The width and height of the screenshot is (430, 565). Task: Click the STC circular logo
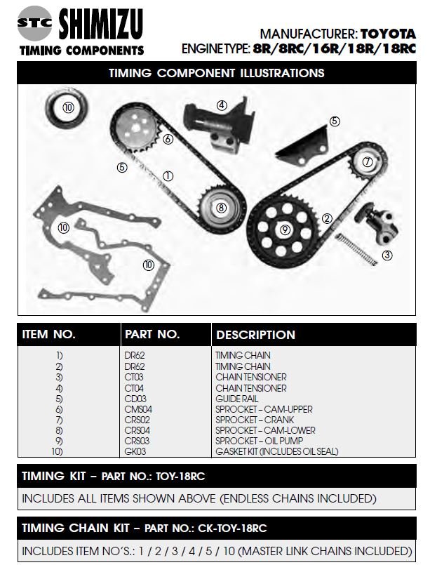click(x=34, y=23)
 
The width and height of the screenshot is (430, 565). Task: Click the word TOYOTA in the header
click(x=388, y=34)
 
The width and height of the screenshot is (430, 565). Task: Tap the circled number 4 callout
click(x=222, y=105)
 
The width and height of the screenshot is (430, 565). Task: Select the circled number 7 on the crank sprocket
click(x=367, y=162)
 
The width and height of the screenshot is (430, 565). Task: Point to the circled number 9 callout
click(x=285, y=230)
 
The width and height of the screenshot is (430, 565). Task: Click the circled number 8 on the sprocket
click(x=221, y=208)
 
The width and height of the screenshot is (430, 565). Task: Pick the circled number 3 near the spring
click(x=387, y=255)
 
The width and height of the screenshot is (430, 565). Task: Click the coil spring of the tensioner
click(x=356, y=249)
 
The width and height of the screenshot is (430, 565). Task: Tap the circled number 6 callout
click(x=168, y=139)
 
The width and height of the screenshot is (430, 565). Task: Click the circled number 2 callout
click(x=327, y=218)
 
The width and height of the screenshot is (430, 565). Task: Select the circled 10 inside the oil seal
click(x=68, y=107)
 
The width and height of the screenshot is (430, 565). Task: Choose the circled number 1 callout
click(x=168, y=176)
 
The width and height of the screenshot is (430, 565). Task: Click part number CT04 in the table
click(x=134, y=388)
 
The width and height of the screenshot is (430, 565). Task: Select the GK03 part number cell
click(x=135, y=451)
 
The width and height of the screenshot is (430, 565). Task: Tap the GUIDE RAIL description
click(x=236, y=399)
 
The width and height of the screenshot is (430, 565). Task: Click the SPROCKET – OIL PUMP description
click(x=259, y=441)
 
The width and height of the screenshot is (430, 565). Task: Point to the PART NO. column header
click(x=152, y=334)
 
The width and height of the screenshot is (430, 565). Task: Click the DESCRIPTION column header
click(x=255, y=334)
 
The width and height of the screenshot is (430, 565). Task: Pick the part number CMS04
click(x=138, y=409)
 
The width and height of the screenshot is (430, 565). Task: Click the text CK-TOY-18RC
click(x=232, y=529)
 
